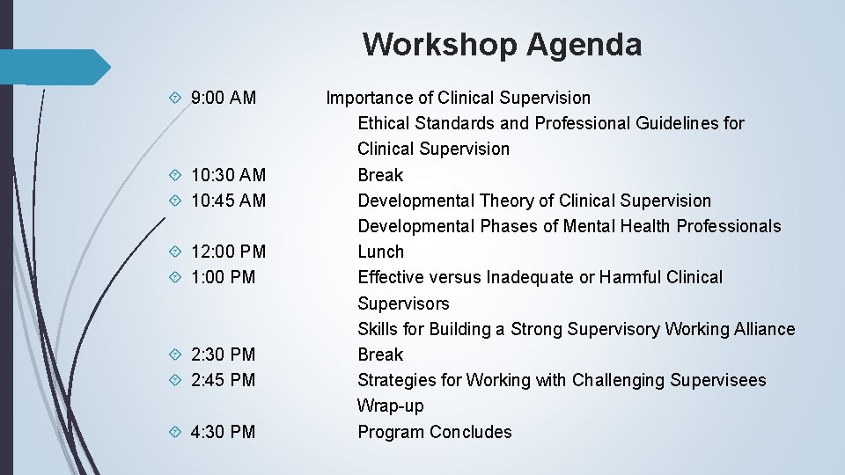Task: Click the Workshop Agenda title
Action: (x=502, y=44)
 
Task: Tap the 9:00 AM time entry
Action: (x=223, y=98)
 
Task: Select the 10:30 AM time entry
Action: (x=228, y=175)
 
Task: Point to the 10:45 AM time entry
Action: (x=228, y=201)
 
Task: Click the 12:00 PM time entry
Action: (x=228, y=252)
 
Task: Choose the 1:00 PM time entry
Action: (x=223, y=277)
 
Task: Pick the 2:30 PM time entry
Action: (x=223, y=354)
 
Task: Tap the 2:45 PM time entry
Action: (x=223, y=380)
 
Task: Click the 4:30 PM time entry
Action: (x=223, y=432)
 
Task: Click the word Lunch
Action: (x=380, y=252)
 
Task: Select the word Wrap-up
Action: (x=390, y=406)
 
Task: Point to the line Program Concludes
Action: (x=434, y=432)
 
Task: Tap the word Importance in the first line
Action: (x=369, y=98)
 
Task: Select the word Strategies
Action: (x=396, y=380)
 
